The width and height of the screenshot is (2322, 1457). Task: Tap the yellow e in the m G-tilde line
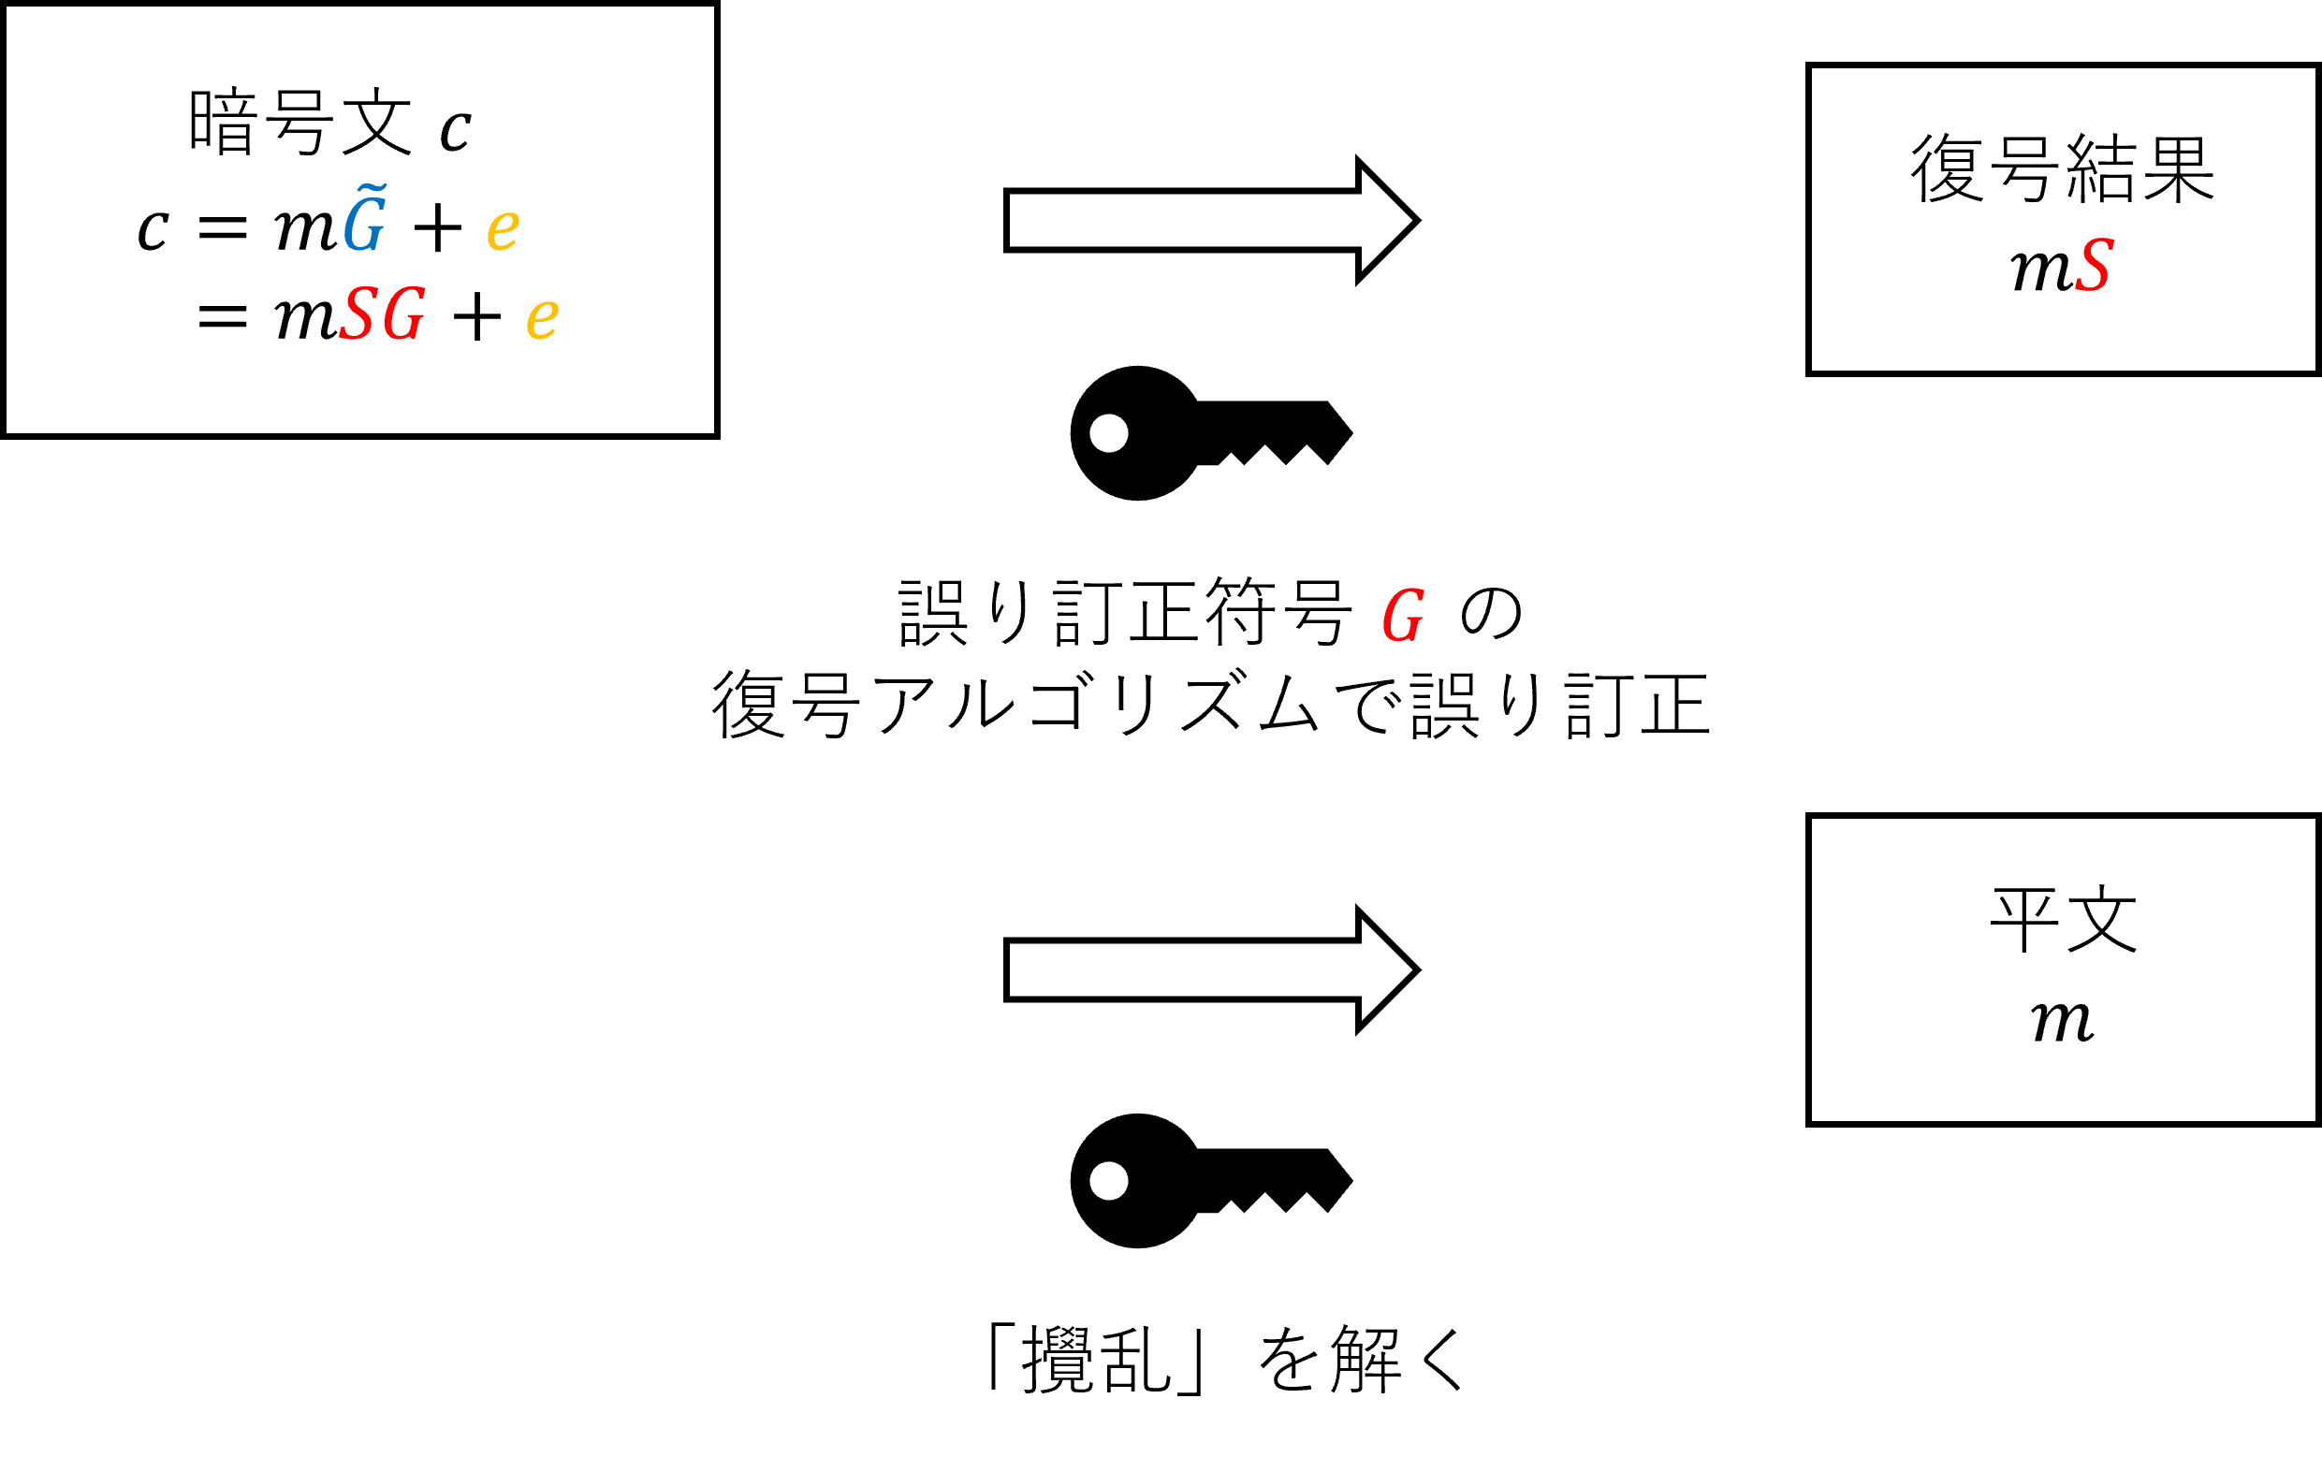coord(503,230)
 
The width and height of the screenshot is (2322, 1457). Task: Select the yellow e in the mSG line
coord(543,319)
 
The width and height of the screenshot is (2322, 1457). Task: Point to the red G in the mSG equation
coord(402,314)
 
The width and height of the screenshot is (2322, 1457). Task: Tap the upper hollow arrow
coord(1211,221)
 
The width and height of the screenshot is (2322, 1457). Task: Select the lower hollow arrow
coord(1211,970)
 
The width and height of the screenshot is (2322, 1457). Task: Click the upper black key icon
coord(1211,433)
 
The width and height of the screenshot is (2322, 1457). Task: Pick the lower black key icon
coord(1211,1181)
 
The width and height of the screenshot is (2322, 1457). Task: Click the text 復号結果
coord(2063,168)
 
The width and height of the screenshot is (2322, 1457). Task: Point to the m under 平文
coord(2062,1021)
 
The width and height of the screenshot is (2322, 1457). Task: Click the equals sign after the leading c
coord(223,229)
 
